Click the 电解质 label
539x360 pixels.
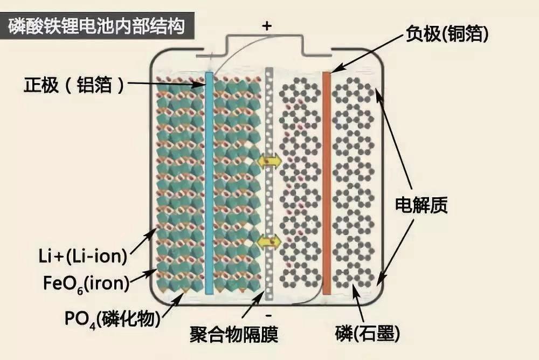click(421, 205)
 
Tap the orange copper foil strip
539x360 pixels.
click(326, 183)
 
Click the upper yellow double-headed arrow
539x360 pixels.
click(268, 160)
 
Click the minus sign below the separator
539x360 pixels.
click(268, 314)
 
